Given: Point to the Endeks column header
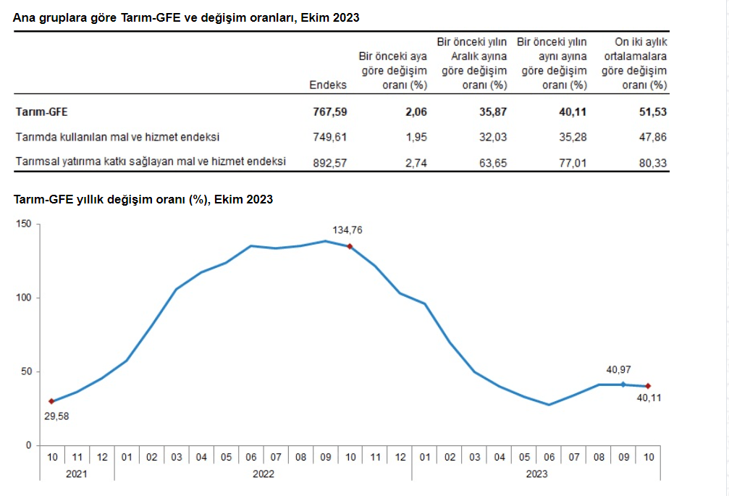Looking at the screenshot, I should click(x=328, y=85).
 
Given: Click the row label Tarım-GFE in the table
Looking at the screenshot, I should click(x=41, y=112).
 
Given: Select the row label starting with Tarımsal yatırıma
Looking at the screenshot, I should click(x=151, y=162).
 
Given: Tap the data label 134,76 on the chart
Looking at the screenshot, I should click(x=347, y=230).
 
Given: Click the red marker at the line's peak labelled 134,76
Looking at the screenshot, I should click(x=350, y=246).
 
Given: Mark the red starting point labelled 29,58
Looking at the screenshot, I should click(x=51, y=401).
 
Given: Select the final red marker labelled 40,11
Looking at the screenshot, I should click(x=648, y=386).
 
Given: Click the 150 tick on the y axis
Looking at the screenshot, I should click(x=24, y=224).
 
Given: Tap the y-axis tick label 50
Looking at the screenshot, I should click(x=27, y=372).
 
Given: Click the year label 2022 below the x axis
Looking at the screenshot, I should click(x=264, y=474).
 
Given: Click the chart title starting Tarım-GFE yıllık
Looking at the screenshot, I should click(x=143, y=199).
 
